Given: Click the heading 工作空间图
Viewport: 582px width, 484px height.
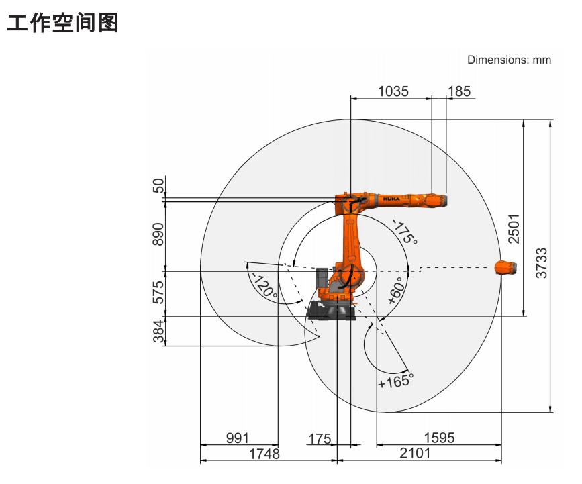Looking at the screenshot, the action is coord(62,23).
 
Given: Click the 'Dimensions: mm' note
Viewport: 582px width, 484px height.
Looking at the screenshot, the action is coord(509,60).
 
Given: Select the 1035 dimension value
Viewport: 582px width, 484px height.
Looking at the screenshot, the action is coord(393,91).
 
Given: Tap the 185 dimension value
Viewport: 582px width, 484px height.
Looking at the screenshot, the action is coord(459,91).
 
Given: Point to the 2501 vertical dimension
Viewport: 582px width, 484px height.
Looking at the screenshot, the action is coord(514,229).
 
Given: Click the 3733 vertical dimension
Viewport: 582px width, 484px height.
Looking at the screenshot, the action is coord(542,263).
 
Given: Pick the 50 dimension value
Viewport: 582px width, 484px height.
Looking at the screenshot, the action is coord(158,185).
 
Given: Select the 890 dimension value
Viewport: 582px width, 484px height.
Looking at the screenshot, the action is coord(158,234).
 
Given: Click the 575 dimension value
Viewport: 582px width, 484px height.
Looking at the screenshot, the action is coord(158,292).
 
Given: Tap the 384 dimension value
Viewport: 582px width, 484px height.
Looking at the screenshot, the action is coord(158,331).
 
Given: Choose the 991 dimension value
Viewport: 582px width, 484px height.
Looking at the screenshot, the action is coord(238,438).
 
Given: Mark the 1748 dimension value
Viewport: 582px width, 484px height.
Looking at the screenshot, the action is coord(264,454).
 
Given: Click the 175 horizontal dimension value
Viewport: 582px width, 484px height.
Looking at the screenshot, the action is coord(320,439).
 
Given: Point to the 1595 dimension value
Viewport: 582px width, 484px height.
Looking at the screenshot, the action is coord(439,438).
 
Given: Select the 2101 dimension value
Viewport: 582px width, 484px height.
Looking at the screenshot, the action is coord(415,453).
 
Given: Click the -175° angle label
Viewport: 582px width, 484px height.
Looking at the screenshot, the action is coord(405,232).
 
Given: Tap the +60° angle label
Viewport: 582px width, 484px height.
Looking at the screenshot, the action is coord(396,291).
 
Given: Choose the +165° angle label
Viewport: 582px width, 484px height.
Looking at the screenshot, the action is coord(395,381).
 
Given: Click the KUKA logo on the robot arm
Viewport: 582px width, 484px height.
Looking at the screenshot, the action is coord(391,199).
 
